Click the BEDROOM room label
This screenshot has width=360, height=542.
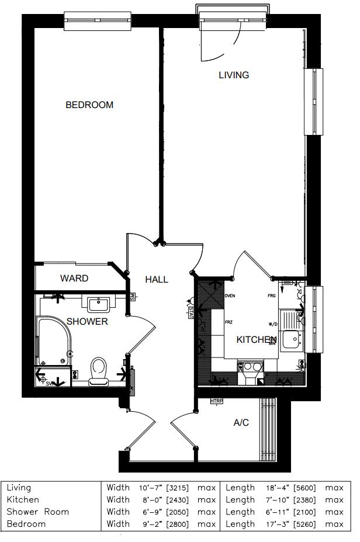[89, 105]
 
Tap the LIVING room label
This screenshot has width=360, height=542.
[234, 75]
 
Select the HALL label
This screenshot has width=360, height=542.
[157, 280]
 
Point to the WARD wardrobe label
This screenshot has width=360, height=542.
[74, 279]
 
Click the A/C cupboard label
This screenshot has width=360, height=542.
[241, 422]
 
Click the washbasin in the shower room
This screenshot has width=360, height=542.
[99, 304]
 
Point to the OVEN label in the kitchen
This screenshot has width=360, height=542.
[229, 296]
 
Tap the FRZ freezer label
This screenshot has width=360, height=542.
[229, 321]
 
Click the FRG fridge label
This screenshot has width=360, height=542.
[272, 296]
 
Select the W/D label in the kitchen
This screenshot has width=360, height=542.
[272, 324]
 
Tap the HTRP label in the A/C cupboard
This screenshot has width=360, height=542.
[217, 401]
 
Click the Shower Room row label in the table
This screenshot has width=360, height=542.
[37, 512]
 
